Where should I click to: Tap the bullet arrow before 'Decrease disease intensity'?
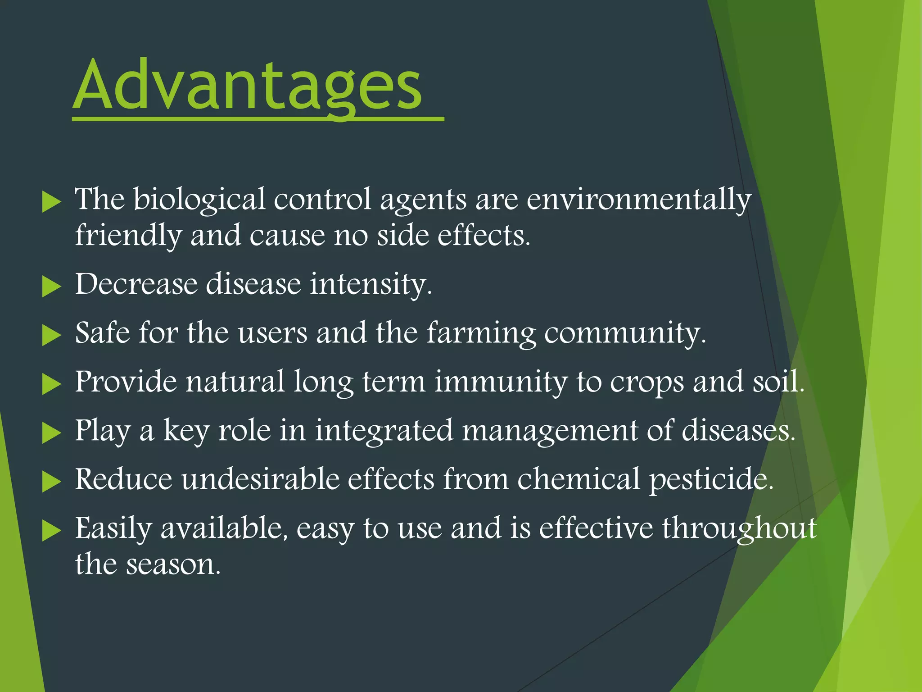pyautogui.click(x=51, y=287)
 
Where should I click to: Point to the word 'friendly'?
pyautogui.click(x=128, y=236)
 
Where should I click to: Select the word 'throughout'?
pyautogui.click(x=739, y=529)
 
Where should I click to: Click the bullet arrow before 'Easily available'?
pyautogui.click(x=51, y=531)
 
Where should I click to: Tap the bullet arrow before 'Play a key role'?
pyautogui.click(x=51, y=433)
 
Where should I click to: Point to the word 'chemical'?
pyautogui.click(x=579, y=479)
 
